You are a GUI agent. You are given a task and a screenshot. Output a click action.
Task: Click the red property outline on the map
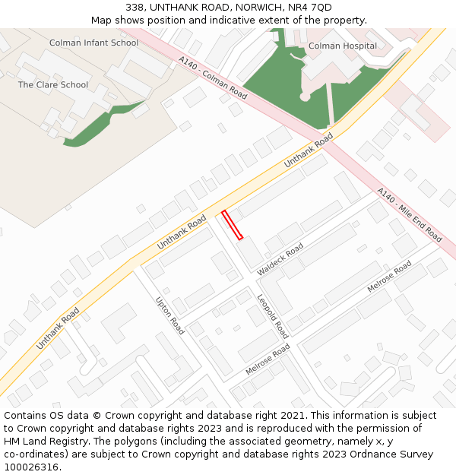click(232, 225)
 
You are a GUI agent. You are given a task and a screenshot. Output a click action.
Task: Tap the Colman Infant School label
click(93, 43)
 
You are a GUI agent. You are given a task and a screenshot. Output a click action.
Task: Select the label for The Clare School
click(53, 85)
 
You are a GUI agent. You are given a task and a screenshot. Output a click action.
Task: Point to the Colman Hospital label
click(342, 46)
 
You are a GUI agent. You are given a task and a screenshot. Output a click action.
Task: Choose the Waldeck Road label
click(280, 259)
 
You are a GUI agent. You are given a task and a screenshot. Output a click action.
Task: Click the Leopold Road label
click(272, 316)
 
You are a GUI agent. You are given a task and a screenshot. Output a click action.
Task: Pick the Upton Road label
click(170, 315)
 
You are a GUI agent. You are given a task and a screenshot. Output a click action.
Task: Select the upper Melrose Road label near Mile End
click(389, 277)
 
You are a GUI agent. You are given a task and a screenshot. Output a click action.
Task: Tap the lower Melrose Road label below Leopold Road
click(268, 359)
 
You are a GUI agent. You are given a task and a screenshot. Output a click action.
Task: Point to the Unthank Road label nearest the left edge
click(57, 329)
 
